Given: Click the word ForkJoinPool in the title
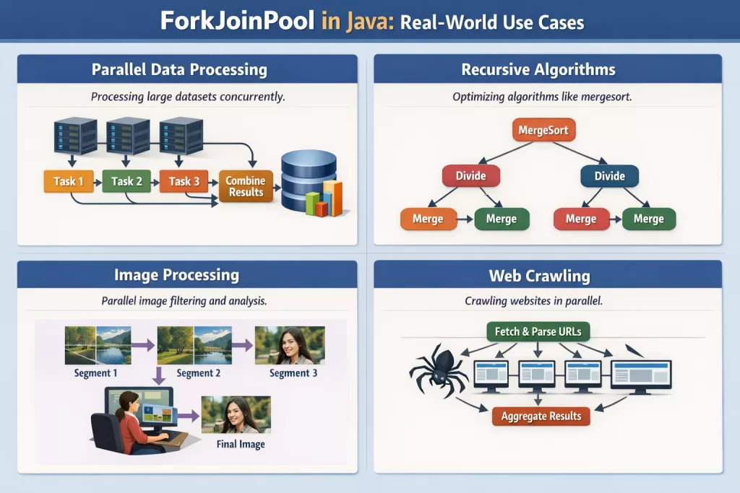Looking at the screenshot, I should click(x=237, y=20).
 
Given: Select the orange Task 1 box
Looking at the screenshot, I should click(x=69, y=181).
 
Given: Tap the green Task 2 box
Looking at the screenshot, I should click(x=126, y=181).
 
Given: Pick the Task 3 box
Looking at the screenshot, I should click(x=184, y=181).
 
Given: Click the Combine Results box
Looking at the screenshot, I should click(x=246, y=186).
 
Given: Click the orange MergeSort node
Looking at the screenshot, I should click(x=543, y=131).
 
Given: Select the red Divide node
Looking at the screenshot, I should click(x=470, y=176).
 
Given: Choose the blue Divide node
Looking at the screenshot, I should click(x=609, y=176).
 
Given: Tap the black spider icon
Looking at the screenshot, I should click(x=436, y=368).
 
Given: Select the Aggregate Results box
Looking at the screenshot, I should click(x=541, y=416).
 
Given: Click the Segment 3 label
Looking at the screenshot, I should click(x=293, y=373).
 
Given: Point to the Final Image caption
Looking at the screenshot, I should click(x=241, y=444).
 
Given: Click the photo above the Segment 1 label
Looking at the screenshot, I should click(x=98, y=345).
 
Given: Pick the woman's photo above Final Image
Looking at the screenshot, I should click(x=236, y=414).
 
